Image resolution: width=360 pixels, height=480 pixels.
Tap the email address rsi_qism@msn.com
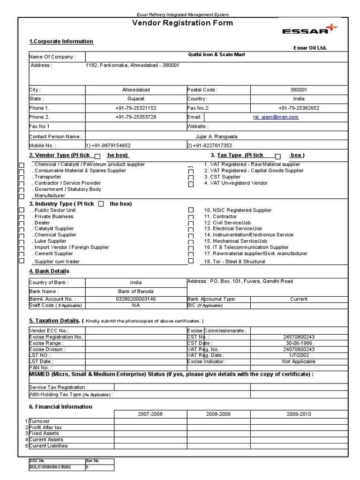point(276,117)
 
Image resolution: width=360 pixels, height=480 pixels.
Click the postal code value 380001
point(299,90)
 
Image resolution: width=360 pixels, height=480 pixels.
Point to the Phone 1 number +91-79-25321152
point(135,108)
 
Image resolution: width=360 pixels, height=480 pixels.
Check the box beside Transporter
point(21,178)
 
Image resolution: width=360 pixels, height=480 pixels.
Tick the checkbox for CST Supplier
point(191,178)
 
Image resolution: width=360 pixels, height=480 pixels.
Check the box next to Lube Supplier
point(21,241)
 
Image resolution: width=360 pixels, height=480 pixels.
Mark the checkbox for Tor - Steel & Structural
point(191,261)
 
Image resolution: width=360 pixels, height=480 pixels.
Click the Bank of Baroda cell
point(135,292)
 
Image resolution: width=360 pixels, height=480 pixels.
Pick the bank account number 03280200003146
point(135,299)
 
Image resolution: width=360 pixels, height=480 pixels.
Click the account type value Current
point(299,299)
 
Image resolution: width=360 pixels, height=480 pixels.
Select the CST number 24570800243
point(299,337)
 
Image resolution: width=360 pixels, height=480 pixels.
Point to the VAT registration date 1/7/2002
point(299,355)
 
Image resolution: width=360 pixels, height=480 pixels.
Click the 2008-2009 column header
point(219,414)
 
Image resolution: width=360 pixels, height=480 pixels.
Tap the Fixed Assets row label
point(45,434)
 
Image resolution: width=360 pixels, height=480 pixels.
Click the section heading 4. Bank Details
point(49,271)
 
